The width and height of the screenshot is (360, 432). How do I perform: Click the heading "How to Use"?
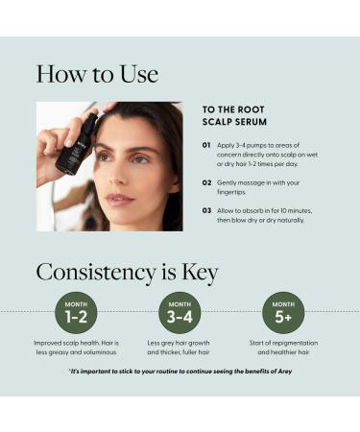(97, 74)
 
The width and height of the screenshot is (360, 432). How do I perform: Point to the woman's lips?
(119, 199)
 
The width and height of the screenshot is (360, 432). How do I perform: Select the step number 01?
(206, 146)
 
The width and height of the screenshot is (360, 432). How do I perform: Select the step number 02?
(206, 181)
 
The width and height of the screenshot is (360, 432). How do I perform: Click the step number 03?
(206, 210)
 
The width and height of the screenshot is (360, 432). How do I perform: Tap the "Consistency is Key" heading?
(127, 272)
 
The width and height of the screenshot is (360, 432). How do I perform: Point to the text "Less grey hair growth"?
(180, 343)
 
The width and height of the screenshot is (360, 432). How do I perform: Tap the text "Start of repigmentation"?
(283, 343)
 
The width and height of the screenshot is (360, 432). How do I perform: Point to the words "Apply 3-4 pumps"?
(246, 146)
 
